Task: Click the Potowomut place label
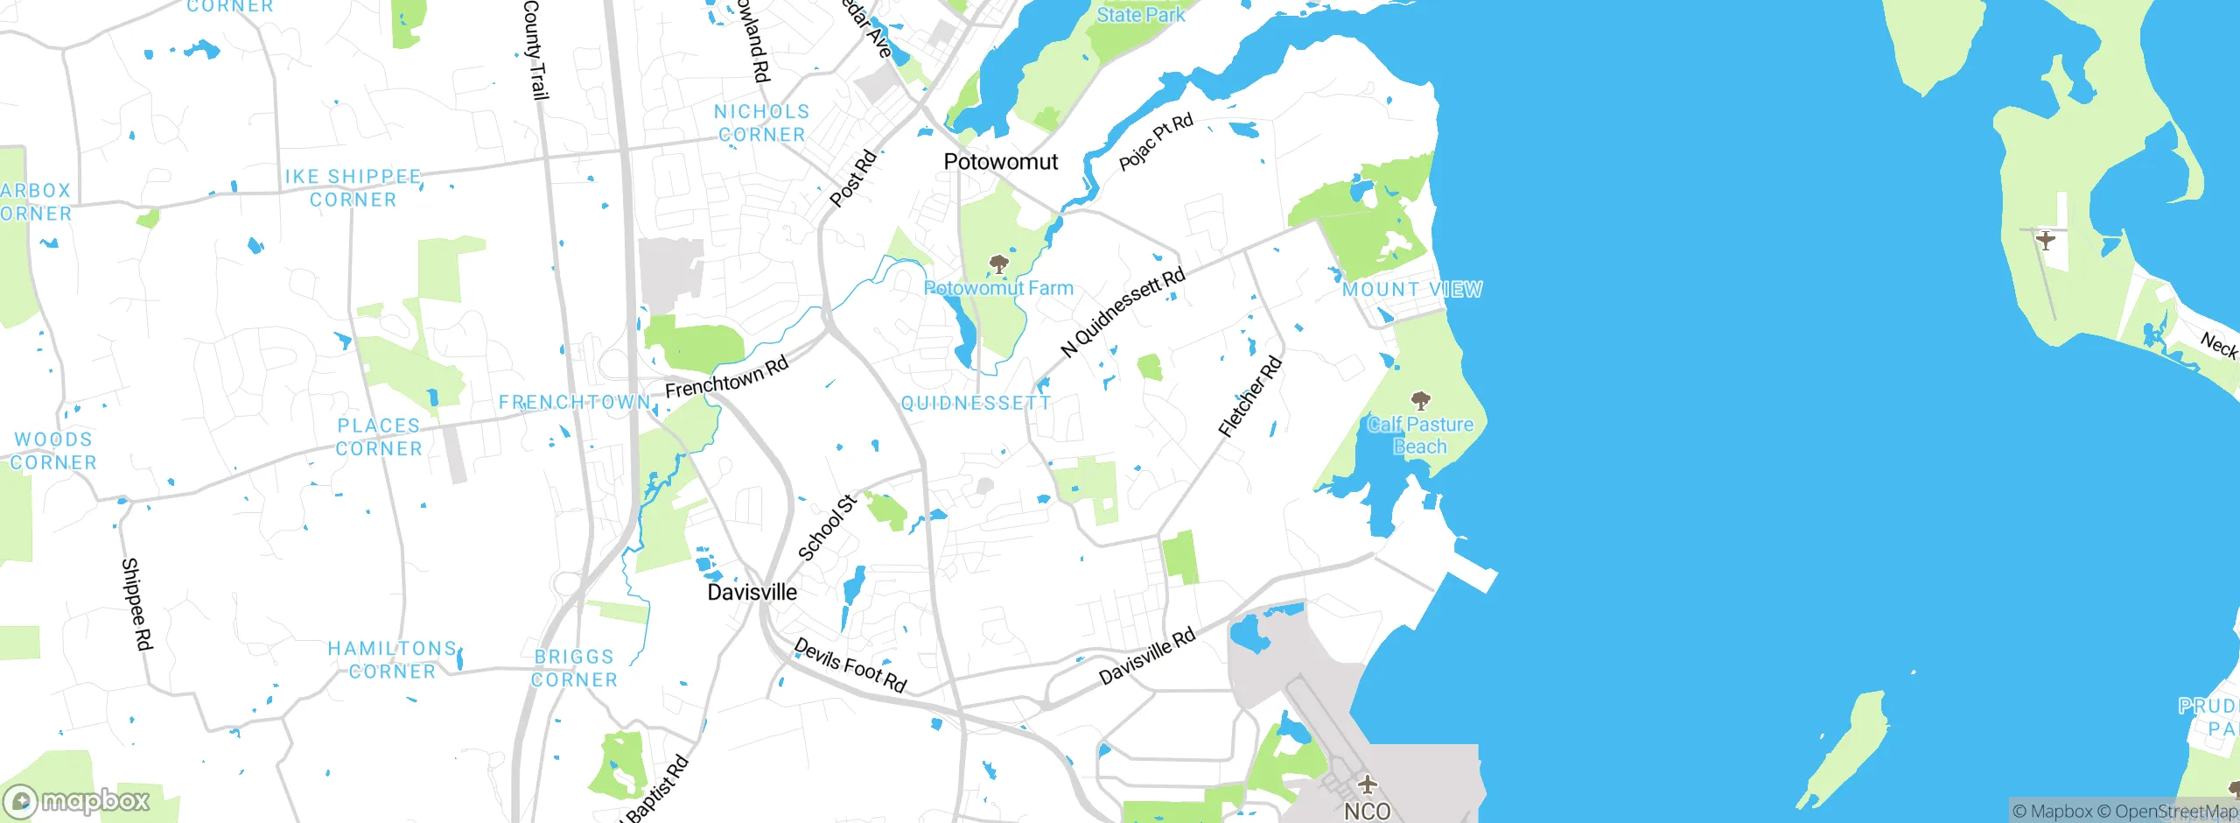1000,162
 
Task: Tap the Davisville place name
752,593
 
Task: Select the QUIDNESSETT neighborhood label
976,404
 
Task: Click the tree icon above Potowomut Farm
998,264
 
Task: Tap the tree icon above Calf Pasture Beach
1420,401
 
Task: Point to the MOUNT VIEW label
1412,290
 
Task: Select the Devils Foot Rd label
850,665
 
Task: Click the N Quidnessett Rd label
1123,313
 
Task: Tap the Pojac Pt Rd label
1155,143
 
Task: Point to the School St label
827,528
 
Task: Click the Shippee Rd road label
136,604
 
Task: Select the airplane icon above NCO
1367,784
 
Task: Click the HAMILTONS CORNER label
392,660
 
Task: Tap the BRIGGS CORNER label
574,668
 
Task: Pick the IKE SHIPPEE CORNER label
353,188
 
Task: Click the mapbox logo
77,800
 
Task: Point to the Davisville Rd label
1146,658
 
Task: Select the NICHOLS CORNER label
761,123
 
